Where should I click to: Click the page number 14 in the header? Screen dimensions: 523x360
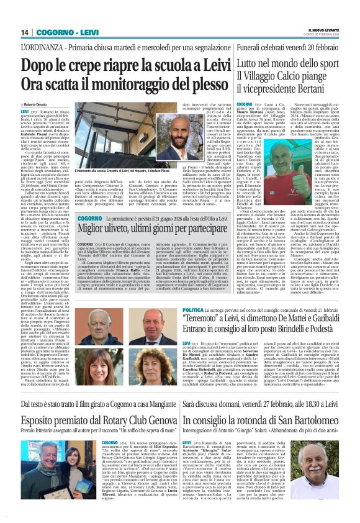coord(25,32)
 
